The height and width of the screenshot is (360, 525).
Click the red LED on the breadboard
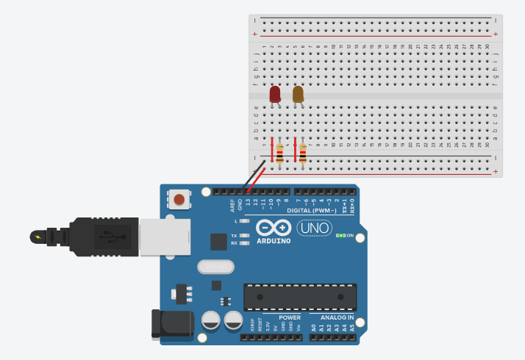click(x=275, y=94)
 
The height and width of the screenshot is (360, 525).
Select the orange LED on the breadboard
click(x=298, y=94)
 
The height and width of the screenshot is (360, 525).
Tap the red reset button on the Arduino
click(x=179, y=198)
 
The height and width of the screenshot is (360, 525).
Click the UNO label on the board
click(x=314, y=228)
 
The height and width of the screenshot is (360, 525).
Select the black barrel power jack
click(x=166, y=325)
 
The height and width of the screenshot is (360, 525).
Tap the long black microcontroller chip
click(x=300, y=297)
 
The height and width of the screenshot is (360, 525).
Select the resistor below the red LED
click(x=279, y=154)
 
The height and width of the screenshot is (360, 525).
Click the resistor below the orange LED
click(x=302, y=154)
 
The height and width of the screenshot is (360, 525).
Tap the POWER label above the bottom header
click(x=289, y=317)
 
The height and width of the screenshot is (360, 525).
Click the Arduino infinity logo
click(x=274, y=227)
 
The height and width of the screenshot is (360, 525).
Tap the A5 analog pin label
click(x=352, y=328)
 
